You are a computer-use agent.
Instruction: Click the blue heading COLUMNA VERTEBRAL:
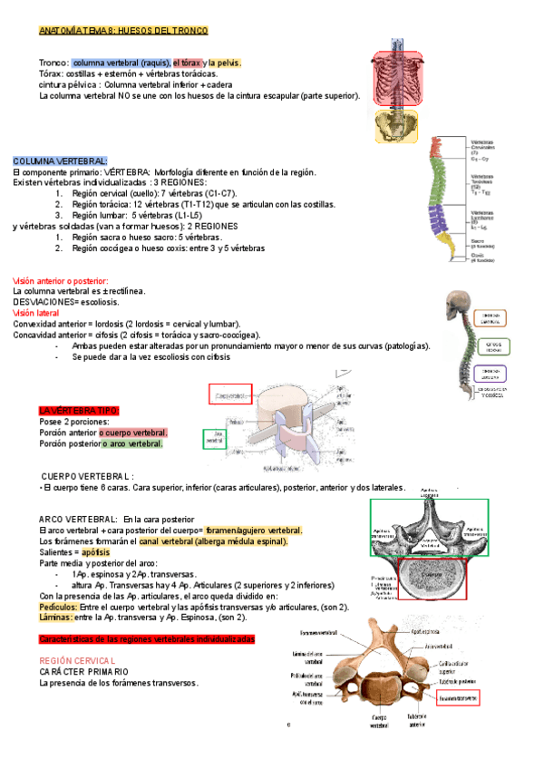(x=60, y=160)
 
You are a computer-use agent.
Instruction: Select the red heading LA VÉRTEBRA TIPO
(x=79, y=411)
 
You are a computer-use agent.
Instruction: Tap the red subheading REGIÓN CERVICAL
(x=77, y=661)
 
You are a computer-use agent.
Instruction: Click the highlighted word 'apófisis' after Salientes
(x=95, y=551)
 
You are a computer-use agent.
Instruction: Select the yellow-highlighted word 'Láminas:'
(x=56, y=617)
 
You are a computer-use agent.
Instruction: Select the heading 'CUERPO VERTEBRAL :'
(x=89, y=475)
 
